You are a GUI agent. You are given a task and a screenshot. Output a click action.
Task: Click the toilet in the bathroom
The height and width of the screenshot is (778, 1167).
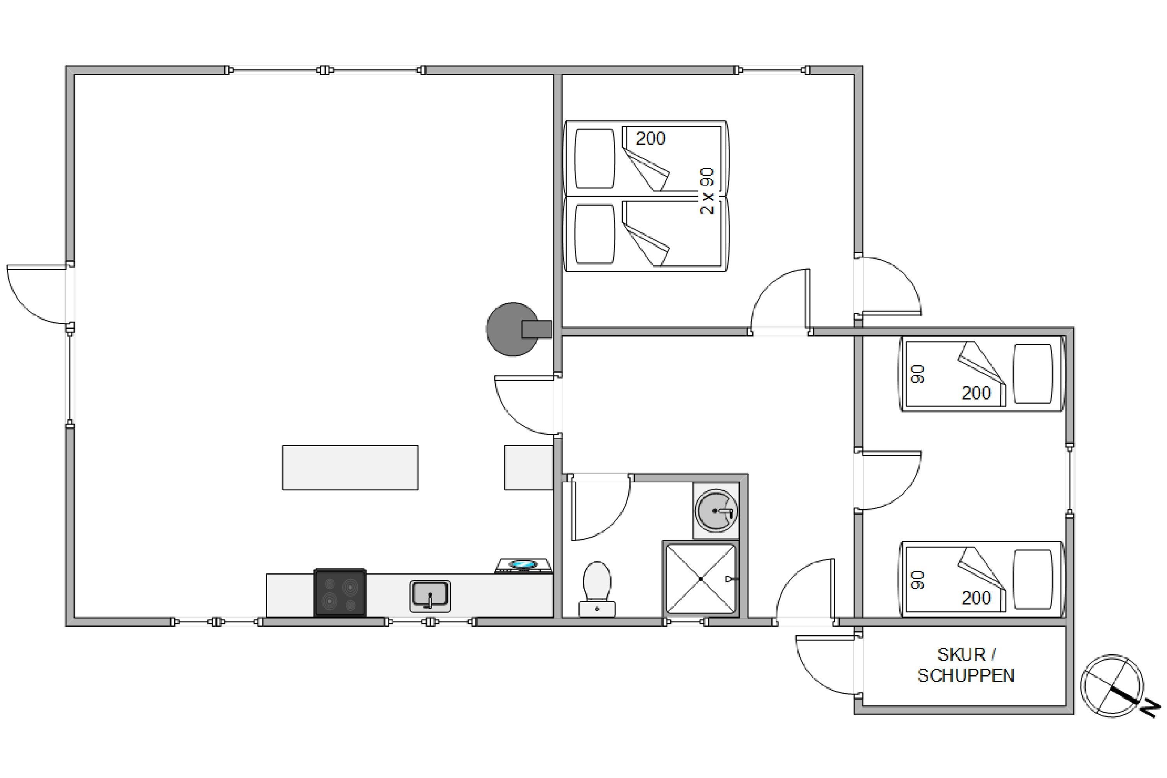pyautogui.click(x=597, y=589)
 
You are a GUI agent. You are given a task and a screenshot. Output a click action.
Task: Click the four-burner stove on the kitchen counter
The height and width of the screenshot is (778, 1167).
pyautogui.click(x=340, y=592)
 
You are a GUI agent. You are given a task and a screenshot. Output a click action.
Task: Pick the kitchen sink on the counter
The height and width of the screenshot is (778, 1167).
pyautogui.click(x=430, y=596)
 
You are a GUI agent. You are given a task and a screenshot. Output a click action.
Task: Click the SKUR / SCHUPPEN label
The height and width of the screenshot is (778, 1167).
pyautogui.click(x=965, y=665)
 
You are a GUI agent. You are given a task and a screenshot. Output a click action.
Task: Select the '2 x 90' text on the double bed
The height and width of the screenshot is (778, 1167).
pyautogui.click(x=707, y=191)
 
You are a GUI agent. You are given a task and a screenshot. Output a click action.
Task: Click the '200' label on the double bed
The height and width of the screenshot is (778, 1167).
pyautogui.click(x=650, y=138)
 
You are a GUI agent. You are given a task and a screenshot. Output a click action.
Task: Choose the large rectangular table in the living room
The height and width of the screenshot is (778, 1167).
pyautogui.click(x=350, y=468)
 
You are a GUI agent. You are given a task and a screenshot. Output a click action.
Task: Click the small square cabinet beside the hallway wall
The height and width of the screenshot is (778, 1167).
pyautogui.click(x=528, y=468)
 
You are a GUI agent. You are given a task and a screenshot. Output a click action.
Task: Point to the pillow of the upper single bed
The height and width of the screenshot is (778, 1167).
pyautogui.click(x=1032, y=373)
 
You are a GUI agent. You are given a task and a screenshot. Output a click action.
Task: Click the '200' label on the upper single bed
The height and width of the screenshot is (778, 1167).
pyautogui.click(x=976, y=393)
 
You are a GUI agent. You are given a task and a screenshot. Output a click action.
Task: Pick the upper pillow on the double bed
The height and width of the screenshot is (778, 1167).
pyautogui.click(x=594, y=159)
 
